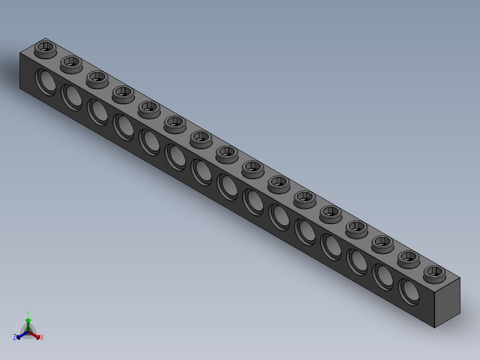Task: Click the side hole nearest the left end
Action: tap(46, 82)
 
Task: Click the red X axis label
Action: tap(41, 338)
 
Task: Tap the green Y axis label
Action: tap(28, 313)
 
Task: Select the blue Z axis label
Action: tap(15, 338)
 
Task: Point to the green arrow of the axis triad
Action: tap(28, 320)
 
